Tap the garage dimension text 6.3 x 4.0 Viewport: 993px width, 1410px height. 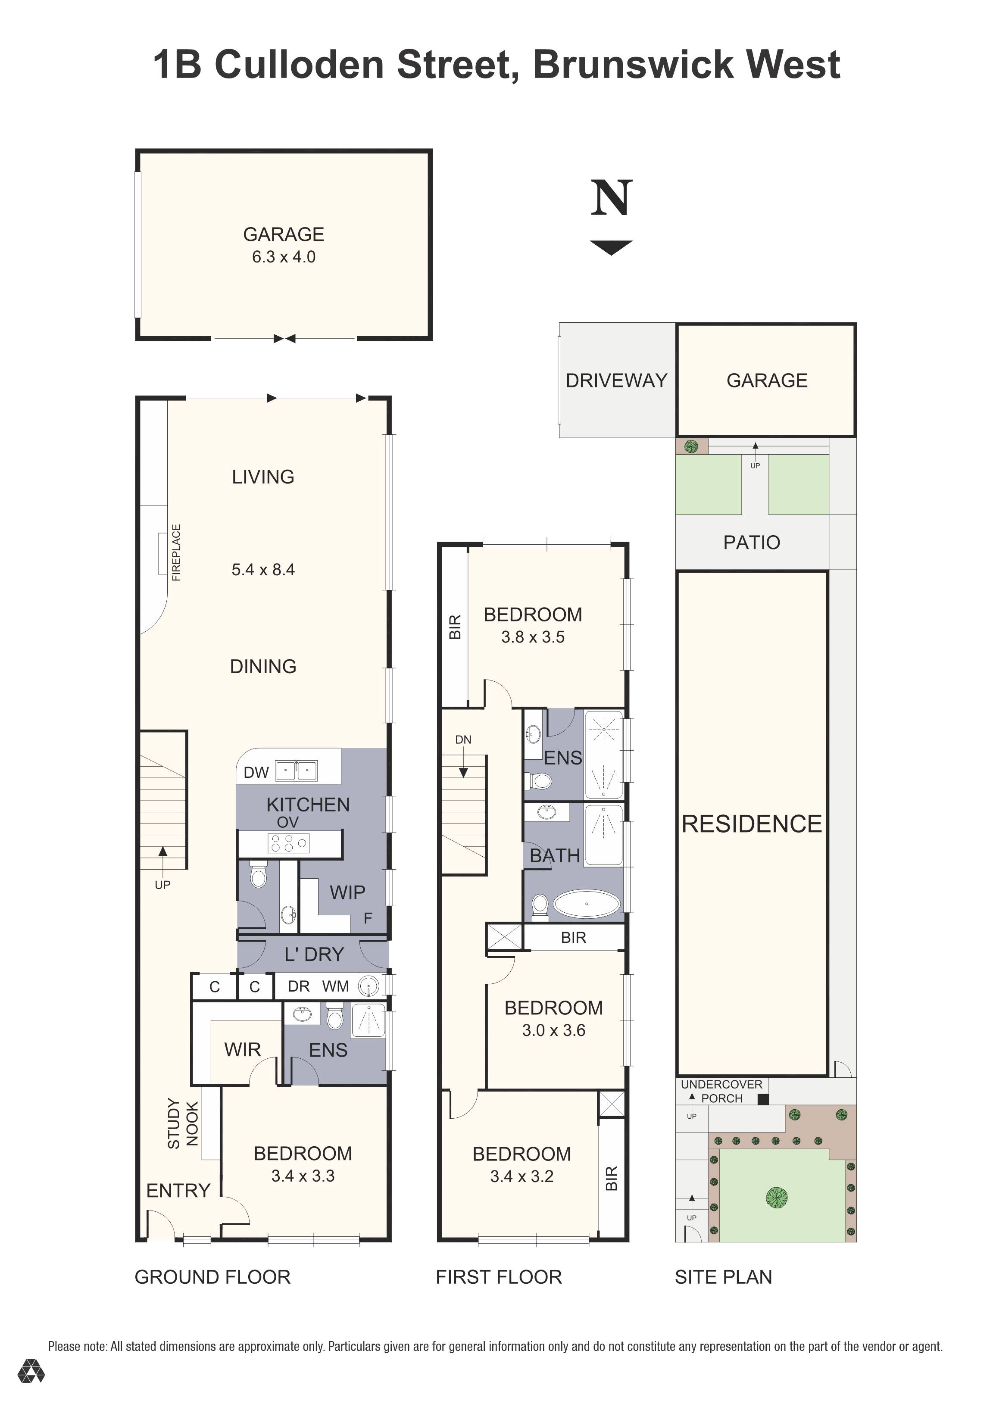284,257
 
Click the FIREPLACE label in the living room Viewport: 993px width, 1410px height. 176,552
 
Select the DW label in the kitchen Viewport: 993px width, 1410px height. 256,773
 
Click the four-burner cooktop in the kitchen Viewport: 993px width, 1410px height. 288,844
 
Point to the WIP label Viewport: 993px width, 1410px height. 347,892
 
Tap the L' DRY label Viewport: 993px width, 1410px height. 314,955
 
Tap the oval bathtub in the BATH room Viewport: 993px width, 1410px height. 587,904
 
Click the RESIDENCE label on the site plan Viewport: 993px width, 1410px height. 752,824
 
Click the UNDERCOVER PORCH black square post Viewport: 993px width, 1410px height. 763,1100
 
